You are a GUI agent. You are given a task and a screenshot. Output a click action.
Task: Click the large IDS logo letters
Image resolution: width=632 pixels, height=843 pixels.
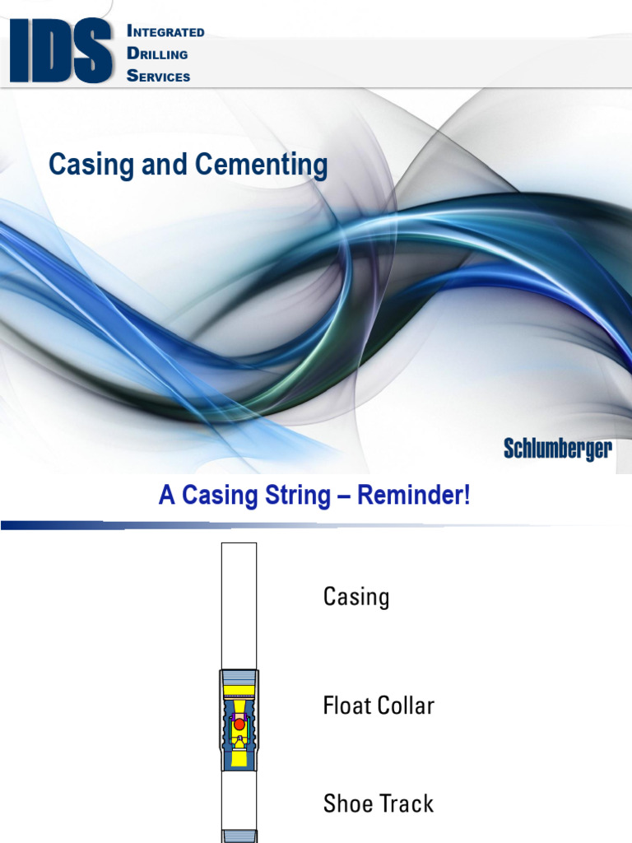(x=61, y=51)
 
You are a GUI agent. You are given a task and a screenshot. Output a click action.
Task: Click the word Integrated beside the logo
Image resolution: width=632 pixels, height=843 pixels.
(x=165, y=31)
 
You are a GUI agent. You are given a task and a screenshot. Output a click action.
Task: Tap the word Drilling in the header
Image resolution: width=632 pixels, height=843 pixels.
(x=157, y=54)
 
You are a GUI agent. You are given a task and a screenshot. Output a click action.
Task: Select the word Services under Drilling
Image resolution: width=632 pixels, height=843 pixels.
(x=159, y=76)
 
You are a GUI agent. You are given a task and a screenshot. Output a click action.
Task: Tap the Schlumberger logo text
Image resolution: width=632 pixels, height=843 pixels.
(x=557, y=449)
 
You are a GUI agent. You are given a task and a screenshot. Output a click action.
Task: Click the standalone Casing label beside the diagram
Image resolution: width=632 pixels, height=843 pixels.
(x=355, y=596)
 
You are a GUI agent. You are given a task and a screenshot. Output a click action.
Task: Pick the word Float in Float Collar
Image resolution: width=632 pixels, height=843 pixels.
(x=346, y=706)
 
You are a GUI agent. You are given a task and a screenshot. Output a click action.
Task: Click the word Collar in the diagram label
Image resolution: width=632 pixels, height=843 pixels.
(x=407, y=706)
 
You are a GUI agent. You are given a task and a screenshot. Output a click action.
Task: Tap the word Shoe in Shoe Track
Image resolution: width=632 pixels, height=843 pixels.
(x=346, y=803)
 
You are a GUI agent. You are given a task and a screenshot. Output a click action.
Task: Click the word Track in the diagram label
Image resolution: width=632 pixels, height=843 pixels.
(x=406, y=803)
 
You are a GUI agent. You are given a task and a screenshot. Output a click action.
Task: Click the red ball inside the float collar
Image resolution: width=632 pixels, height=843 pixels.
(x=239, y=724)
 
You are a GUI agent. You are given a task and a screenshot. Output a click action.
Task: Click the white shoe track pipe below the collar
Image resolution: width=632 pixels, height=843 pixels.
(x=239, y=799)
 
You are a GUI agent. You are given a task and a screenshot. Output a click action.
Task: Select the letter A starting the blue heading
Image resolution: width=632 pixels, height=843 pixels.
(x=167, y=497)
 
